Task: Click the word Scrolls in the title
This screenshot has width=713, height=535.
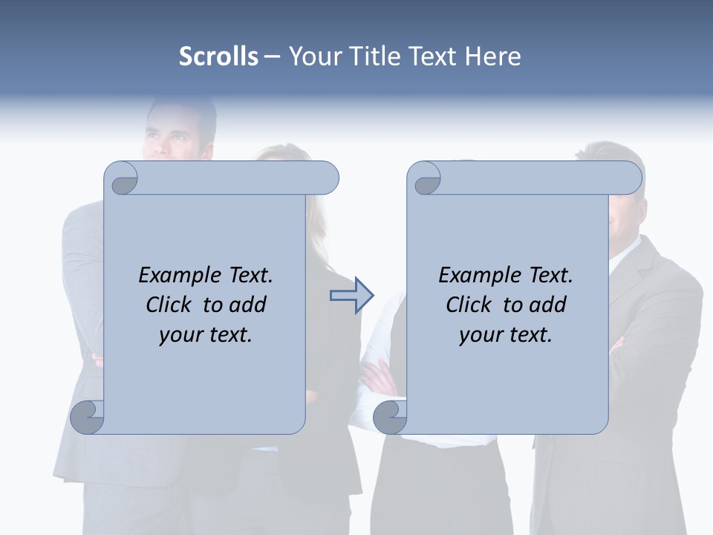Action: (218, 56)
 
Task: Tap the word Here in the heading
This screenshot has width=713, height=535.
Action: (493, 56)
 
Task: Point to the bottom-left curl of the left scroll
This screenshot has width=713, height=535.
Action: (88, 418)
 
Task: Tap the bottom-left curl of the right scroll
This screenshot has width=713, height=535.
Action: (390, 418)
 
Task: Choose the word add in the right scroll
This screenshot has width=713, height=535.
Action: (548, 305)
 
